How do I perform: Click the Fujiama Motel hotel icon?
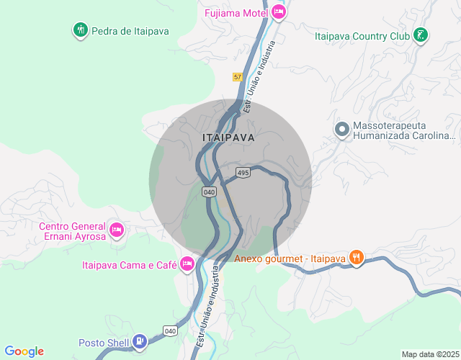pyautogui.click(x=279, y=12)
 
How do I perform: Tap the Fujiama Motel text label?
pyautogui.click(x=236, y=13)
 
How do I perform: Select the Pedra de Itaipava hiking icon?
pyautogui.click(x=80, y=30)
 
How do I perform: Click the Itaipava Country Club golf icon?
pyautogui.click(x=421, y=35)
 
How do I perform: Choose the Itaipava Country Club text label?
pyautogui.click(x=362, y=35)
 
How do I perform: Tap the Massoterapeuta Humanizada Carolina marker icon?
pyautogui.click(x=342, y=129)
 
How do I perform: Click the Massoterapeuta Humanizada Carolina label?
pyautogui.click(x=403, y=130)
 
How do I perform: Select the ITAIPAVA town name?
pyautogui.click(x=228, y=137)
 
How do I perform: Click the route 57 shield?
pyautogui.click(x=238, y=77)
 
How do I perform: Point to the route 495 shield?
pyautogui.click(x=243, y=173)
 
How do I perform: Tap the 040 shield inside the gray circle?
pyautogui.click(x=209, y=192)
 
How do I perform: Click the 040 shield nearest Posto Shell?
pyautogui.click(x=170, y=330)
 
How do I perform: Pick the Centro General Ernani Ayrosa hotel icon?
pyautogui.click(x=117, y=231)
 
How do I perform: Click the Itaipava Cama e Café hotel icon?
pyautogui.click(x=187, y=265)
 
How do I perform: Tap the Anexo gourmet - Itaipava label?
pyautogui.click(x=290, y=259)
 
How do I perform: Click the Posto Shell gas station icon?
pyautogui.click(x=140, y=342)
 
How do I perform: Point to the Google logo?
pyautogui.click(x=24, y=351)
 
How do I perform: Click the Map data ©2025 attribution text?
pyautogui.click(x=429, y=354)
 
